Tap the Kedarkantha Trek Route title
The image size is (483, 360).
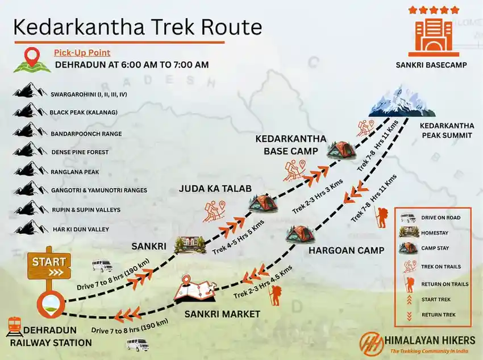click(138, 27)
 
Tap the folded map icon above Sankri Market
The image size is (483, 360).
click(194, 289)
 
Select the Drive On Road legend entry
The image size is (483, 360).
click(433, 218)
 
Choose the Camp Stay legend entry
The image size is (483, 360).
click(433, 248)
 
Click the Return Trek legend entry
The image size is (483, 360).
click(433, 314)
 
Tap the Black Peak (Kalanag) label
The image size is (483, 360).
click(84, 112)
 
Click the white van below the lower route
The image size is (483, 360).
click(138, 345)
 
